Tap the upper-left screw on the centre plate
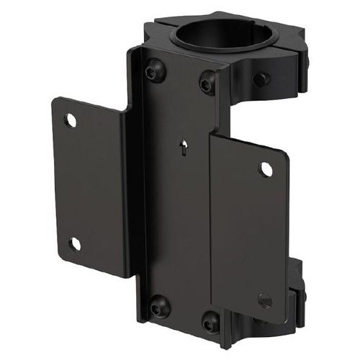click(x=153, y=72)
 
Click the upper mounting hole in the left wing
click(x=71, y=120)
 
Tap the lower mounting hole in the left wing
click(x=75, y=244)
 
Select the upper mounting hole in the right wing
click(x=266, y=169)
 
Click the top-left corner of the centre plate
click(x=136, y=49)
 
